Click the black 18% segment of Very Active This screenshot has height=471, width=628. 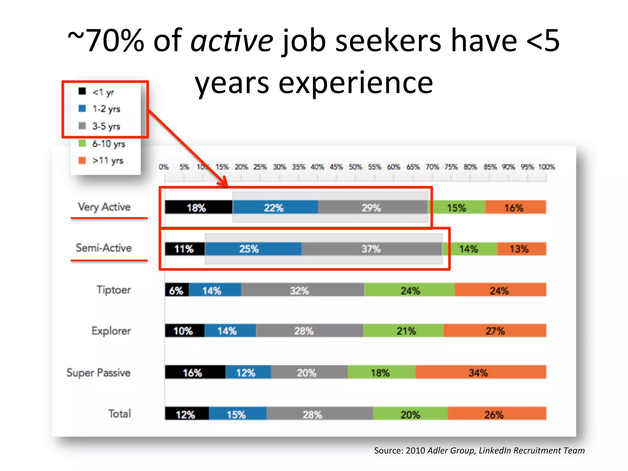coord(198,207)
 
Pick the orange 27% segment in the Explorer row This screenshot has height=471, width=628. coord(494,331)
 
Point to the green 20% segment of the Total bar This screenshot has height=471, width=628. coord(410,414)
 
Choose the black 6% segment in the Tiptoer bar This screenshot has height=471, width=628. coord(177,290)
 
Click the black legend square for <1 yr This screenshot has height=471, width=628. coord(82,91)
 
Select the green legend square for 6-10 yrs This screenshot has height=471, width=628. coord(82,143)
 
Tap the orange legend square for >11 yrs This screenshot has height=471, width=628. coord(82,160)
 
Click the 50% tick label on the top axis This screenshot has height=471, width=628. coord(355,167)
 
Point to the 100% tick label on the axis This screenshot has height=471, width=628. coord(546,167)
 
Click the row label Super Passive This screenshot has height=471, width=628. coord(98,373)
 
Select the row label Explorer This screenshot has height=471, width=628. coord(111,331)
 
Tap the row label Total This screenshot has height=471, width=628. coord(120,414)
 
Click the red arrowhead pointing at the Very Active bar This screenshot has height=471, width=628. coord(224,182)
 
